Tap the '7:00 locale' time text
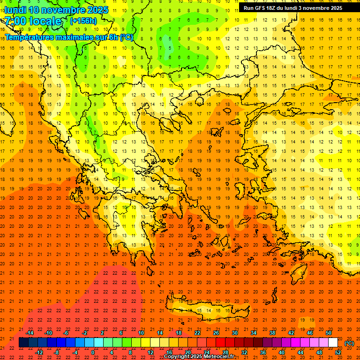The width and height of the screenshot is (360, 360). (x=33, y=21)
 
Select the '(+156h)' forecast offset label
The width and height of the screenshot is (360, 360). (x=83, y=21)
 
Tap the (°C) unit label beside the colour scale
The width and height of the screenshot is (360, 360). (x=349, y=343)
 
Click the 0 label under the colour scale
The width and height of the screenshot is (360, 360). (x=93, y=352)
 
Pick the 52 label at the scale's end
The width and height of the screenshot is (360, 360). (x=338, y=352)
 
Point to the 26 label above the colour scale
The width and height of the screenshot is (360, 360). (x=216, y=333)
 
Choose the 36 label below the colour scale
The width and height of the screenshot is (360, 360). (x=263, y=352)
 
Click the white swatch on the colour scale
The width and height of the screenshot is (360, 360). (x=333, y=343)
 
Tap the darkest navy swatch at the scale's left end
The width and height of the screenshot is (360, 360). (x=23, y=343)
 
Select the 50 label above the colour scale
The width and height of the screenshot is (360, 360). (x=329, y=333)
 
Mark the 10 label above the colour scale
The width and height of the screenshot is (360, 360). (x=141, y=333)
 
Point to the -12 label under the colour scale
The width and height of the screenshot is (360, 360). (x=39, y=352)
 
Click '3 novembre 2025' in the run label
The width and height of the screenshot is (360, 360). (x=320, y=8)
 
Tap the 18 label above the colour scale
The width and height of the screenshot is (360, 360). (x=179, y=333)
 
